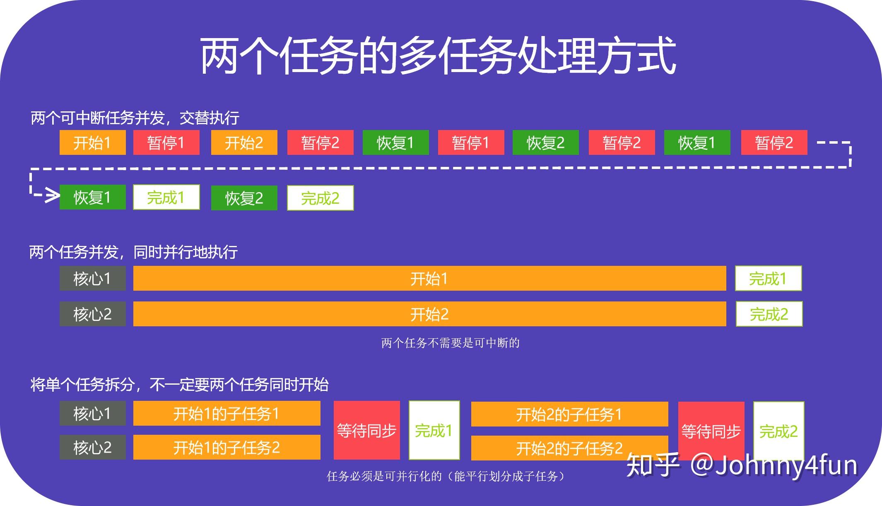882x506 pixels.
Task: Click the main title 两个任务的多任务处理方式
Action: [x=438, y=56]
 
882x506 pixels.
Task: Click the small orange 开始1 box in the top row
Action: [x=93, y=142]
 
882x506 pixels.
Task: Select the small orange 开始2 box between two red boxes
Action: [x=244, y=142]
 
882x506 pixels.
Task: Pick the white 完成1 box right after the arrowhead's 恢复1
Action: [x=166, y=197]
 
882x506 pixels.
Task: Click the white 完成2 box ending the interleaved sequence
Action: [x=321, y=198]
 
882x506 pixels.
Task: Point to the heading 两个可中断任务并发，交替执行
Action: [x=135, y=118]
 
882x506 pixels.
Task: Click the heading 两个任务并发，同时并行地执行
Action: [x=133, y=252]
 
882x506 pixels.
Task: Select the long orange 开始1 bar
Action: [x=430, y=278]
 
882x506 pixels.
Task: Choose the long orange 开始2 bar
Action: [x=430, y=314]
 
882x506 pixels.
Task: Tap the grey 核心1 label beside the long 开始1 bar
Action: [x=93, y=278]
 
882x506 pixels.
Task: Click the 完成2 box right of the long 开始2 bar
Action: [x=769, y=314]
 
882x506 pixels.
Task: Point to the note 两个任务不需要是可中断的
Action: [x=451, y=343]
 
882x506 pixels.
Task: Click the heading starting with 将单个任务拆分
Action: [x=180, y=385]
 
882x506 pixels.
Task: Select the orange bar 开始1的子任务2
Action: [x=227, y=447]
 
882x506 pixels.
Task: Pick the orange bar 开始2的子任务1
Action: [x=570, y=414]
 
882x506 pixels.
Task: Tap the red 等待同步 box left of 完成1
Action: [x=367, y=430]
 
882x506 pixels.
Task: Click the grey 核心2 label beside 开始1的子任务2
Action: [x=93, y=447]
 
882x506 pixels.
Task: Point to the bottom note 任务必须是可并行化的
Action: [x=446, y=476]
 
